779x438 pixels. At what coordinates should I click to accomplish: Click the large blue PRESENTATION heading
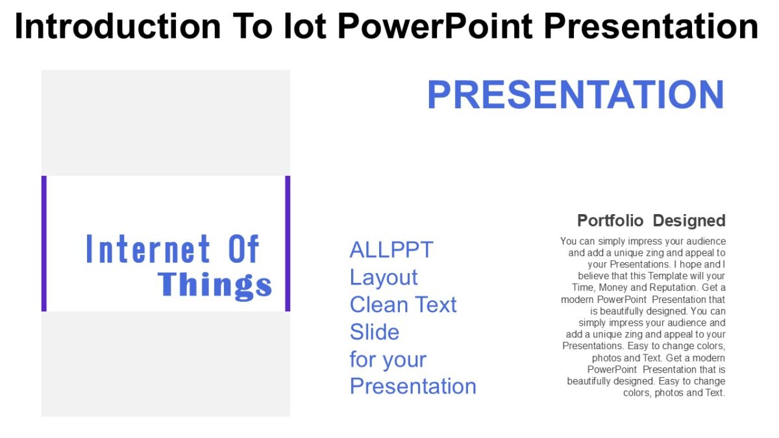(x=575, y=95)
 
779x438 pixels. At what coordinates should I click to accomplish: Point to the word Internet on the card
(x=149, y=249)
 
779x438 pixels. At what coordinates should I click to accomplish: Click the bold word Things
(x=215, y=284)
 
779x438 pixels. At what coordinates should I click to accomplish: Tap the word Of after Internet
(x=243, y=249)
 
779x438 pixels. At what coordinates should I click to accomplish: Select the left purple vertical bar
(x=44, y=243)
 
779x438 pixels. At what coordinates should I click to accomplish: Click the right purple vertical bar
(x=288, y=243)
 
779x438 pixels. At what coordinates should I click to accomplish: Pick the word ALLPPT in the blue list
(x=391, y=249)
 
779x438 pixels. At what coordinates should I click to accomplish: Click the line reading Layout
(x=384, y=277)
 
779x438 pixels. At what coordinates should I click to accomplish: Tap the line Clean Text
(x=403, y=304)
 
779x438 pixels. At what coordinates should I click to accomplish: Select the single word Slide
(x=375, y=332)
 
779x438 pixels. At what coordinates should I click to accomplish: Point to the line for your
(x=388, y=359)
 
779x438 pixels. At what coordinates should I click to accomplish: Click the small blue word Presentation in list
(x=413, y=386)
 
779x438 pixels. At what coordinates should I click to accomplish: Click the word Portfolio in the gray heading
(x=611, y=221)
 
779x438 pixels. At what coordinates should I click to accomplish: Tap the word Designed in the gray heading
(x=689, y=221)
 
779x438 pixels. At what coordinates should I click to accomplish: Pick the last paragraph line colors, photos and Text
(x=674, y=393)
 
